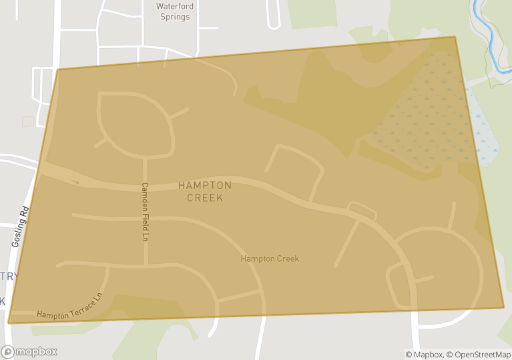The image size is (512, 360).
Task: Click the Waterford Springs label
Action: pos(175,11)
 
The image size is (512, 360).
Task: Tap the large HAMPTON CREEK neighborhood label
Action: pos(205,191)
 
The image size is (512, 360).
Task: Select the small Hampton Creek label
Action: pos(270,258)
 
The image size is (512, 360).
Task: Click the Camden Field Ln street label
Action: pos(144,211)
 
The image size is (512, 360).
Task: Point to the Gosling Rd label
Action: pos(21,227)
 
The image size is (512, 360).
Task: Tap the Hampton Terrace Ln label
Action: pos(70,305)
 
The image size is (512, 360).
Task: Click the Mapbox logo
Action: pos(29,351)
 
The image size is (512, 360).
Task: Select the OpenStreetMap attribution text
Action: pos(479,354)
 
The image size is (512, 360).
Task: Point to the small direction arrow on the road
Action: pos(75,181)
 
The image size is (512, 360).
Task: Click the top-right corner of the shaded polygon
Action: pos(455,37)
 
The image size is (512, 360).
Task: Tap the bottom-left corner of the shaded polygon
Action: pos(9,323)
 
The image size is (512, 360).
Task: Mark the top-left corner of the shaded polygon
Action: pos(58,69)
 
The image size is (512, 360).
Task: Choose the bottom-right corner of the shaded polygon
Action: pos(503,308)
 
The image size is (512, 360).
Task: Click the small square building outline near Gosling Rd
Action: pos(28,121)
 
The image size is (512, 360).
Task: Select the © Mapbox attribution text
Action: pos(424,354)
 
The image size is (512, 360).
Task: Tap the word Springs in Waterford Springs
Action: pos(175,17)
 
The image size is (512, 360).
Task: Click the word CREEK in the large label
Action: pos(205,198)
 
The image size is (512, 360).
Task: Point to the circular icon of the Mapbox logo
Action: pos(8,351)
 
